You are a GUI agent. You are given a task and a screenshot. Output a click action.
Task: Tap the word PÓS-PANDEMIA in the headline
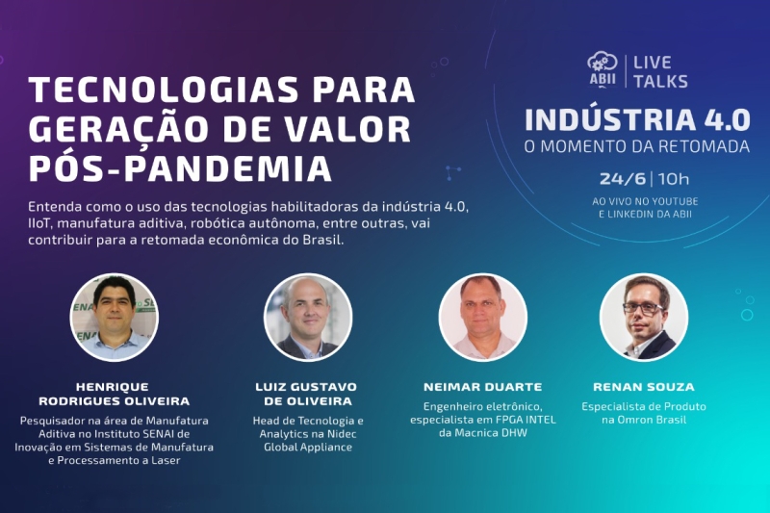[181, 167]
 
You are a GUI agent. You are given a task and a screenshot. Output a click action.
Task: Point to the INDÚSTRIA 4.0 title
[637, 119]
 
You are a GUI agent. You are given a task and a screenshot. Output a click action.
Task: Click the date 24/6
[622, 178]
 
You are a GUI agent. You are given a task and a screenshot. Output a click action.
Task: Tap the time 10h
[673, 178]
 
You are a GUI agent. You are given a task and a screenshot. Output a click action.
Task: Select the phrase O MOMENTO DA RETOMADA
[637, 146]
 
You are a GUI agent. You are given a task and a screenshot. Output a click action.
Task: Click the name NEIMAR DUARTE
[482, 387]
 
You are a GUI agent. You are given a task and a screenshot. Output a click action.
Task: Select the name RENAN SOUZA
[644, 387]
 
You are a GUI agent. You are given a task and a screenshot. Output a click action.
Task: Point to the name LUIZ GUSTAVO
[306, 387]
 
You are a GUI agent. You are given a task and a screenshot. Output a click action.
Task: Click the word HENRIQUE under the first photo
[113, 387]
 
